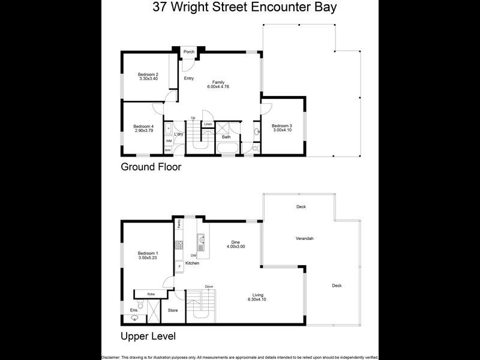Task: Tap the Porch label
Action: (x=188, y=52)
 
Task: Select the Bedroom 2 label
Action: (x=148, y=74)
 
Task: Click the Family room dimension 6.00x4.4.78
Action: (x=218, y=86)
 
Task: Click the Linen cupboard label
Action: (x=208, y=124)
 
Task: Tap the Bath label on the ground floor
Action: (x=226, y=137)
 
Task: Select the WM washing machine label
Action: (x=169, y=140)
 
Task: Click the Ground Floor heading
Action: (x=151, y=167)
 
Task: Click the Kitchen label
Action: (x=192, y=263)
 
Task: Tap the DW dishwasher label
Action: (x=193, y=256)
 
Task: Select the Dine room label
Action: (x=235, y=242)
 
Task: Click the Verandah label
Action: (x=305, y=238)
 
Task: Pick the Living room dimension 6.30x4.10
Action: (x=258, y=299)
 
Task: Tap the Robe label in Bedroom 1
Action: (x=151, y=294)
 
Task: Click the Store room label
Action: (x=173, y=310)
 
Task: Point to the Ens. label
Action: (x=133, y=310)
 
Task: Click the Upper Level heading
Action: (x=148, y=336)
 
